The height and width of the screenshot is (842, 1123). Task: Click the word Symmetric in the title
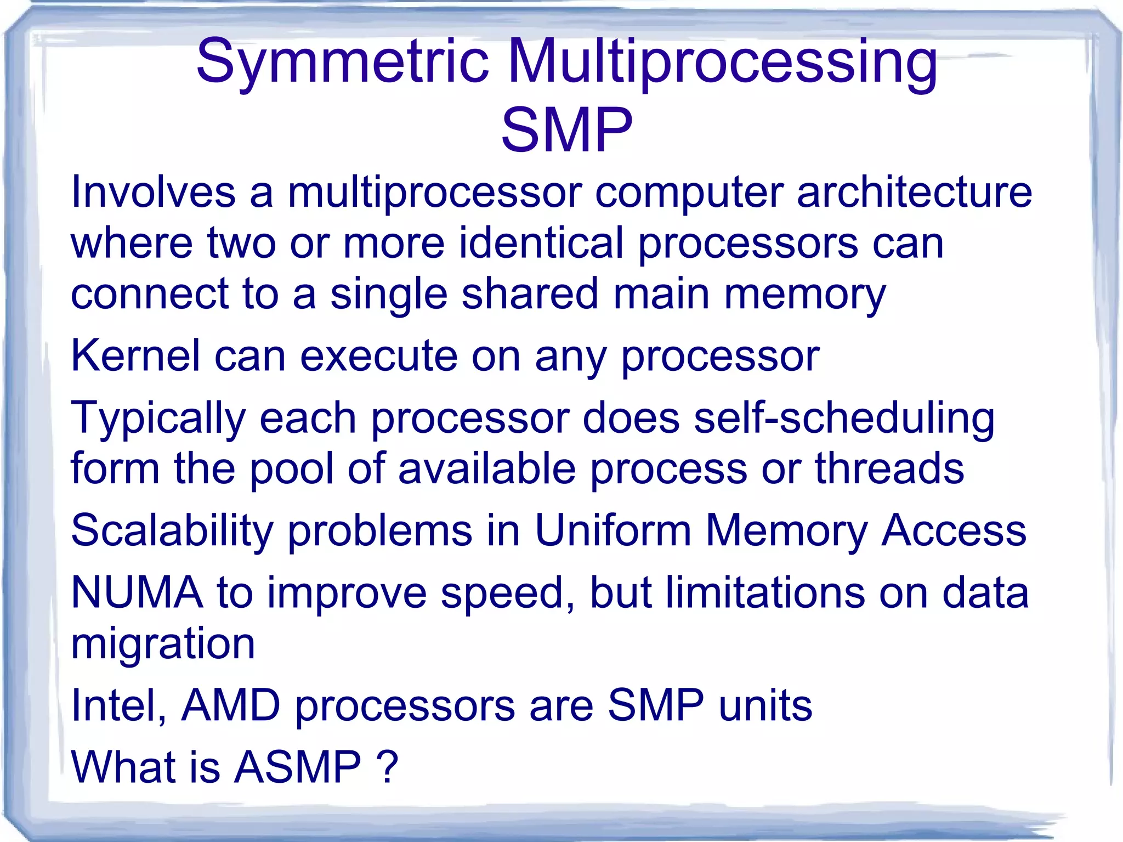coord(342,61)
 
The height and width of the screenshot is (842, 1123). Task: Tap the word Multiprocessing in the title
coord(723,61)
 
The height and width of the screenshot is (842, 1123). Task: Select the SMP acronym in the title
coord(566,131)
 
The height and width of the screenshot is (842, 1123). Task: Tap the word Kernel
coord(135,356)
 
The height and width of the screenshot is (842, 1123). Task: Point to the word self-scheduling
coord(844,418)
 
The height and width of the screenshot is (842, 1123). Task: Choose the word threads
coord(889,468)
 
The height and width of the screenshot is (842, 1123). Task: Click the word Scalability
coord(172,531)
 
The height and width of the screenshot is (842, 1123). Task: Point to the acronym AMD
coord(231,705)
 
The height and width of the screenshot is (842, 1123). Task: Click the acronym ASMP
coord(298,767)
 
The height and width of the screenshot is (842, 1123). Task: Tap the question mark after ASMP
coord(387,767)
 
